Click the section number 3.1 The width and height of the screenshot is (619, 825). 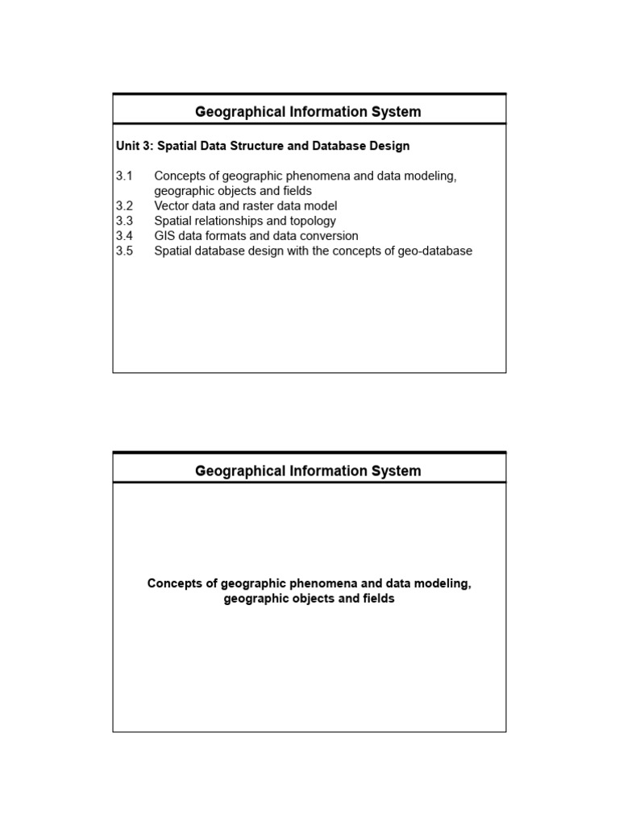[x=123, y=176]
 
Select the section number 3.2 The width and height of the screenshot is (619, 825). [x=123, y=206]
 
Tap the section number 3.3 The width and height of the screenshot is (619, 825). [x=123, y=221]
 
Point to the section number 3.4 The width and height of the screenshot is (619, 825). [x=123, y=236]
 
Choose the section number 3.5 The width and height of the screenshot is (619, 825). [x=123, y=251]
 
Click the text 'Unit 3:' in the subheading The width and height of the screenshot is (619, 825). [x=135, y=146]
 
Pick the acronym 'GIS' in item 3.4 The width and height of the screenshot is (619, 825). [x=165, y=236]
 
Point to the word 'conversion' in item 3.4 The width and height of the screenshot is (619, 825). [x=329, y=236]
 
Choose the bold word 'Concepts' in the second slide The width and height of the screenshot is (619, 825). [x=173, y=583]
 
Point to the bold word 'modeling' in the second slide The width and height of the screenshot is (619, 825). [x=441, y=583]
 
